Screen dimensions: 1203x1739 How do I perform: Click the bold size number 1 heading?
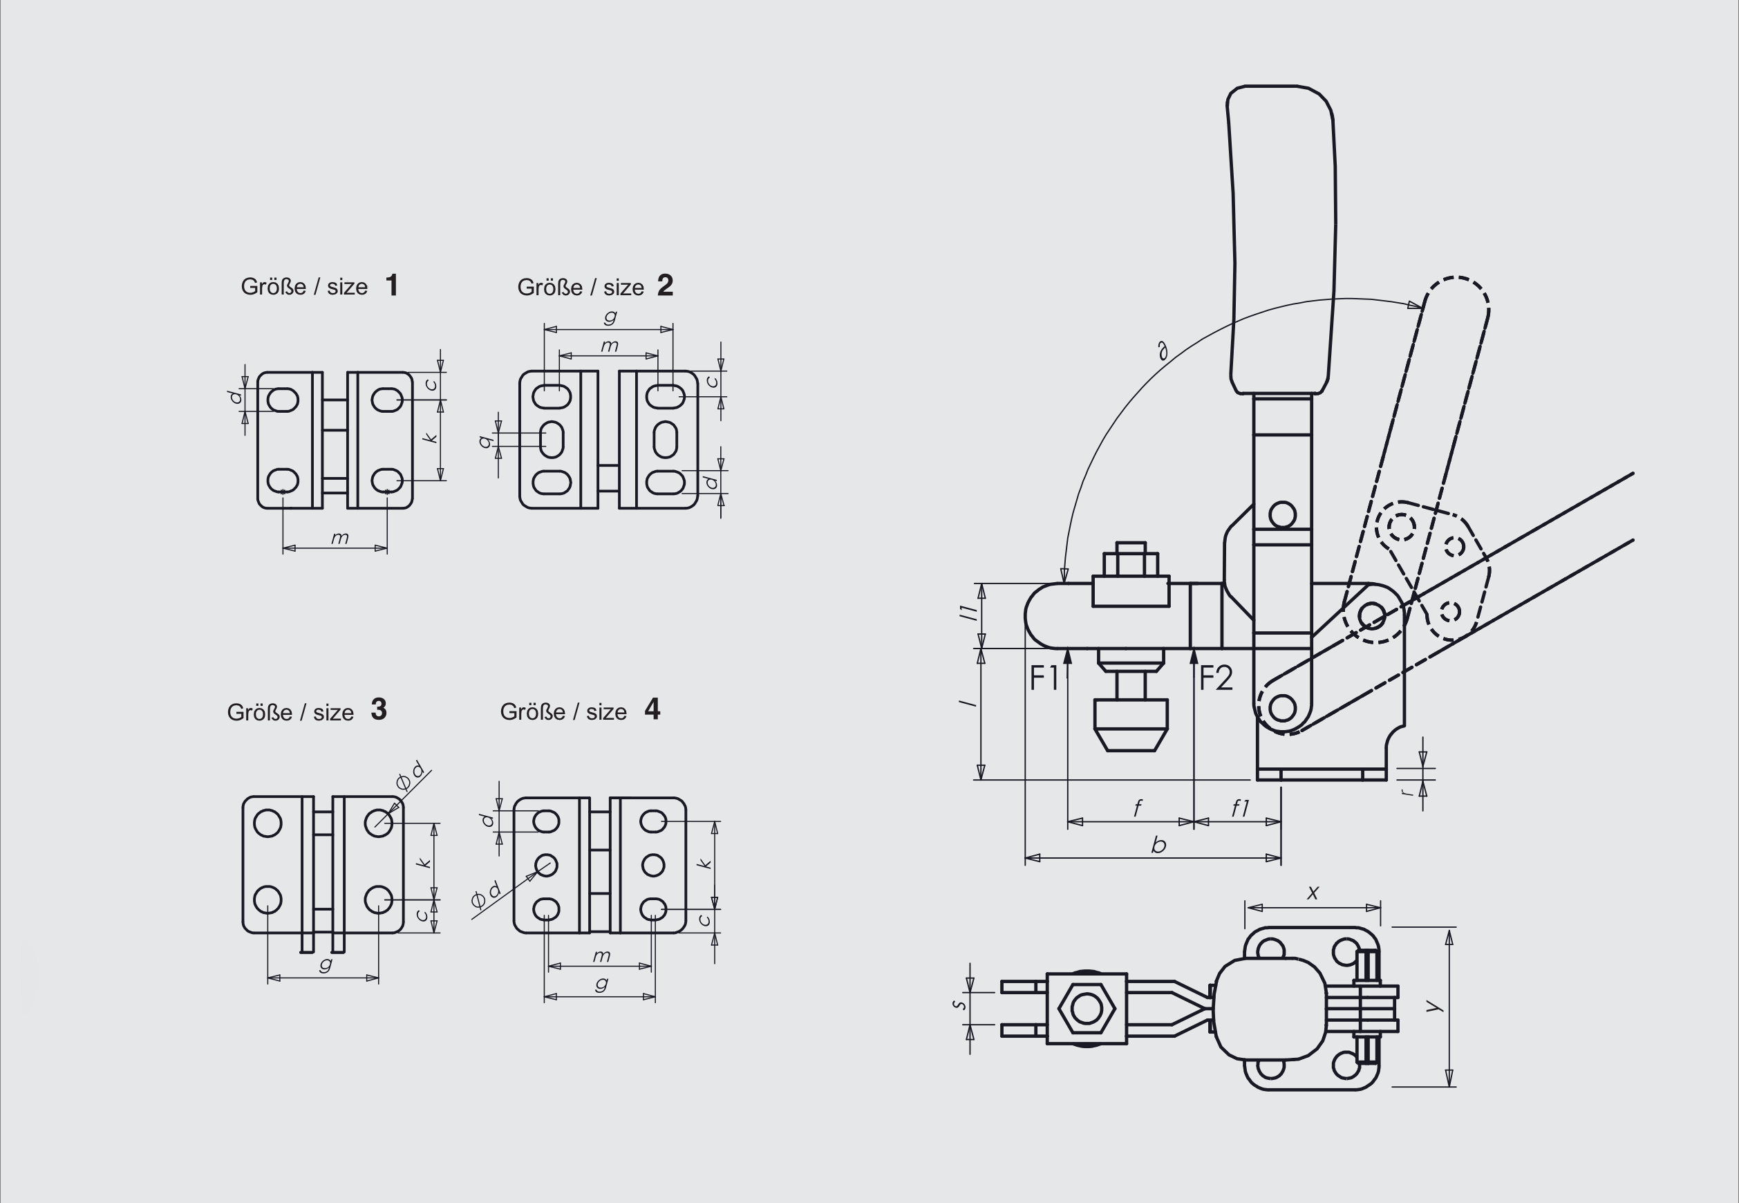tap(391, 286)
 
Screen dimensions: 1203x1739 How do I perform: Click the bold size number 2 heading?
tap(664, 286)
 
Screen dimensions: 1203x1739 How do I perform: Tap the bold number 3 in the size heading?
tap(378, 709)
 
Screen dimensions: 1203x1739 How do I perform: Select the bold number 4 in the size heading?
tap(652, 709)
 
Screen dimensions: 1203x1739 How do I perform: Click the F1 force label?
tap(1044, 679)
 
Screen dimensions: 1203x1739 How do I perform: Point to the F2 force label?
tap(1215, 679)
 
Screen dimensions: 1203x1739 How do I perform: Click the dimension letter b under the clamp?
tap(1159, 845)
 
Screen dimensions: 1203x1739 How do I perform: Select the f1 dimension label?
tap(1239, 809)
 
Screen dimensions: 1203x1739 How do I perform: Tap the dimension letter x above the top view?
tap(1313, 893)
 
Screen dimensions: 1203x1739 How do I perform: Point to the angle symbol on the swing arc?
tap(1163, 351)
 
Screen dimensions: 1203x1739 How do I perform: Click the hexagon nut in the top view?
tap(1086, 1009)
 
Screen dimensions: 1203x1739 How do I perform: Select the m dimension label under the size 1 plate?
tap(340, 538)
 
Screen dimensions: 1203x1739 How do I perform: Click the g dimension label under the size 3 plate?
tap(326, 964)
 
